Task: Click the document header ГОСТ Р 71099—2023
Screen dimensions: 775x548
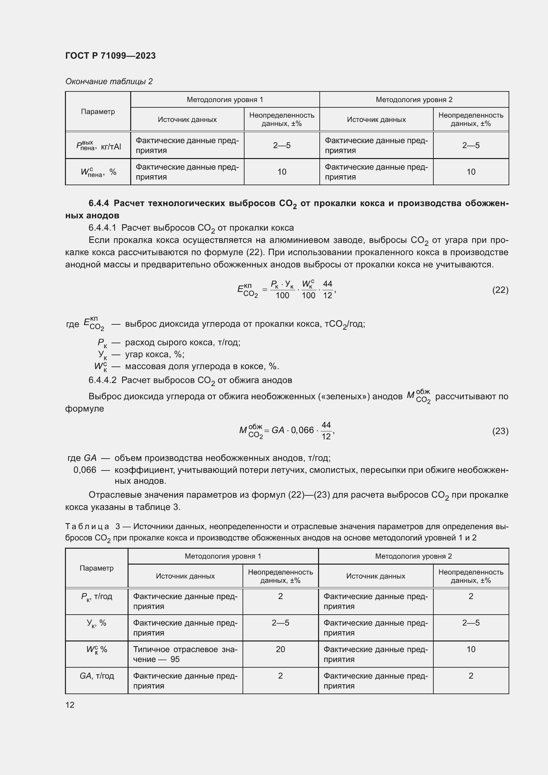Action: [110, 56]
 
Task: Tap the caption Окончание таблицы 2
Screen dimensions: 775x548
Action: [109, 82]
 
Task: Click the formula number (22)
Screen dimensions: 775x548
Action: [500, 290]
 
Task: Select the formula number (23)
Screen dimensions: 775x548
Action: [500, 431]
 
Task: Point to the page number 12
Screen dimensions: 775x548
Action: [70, 705]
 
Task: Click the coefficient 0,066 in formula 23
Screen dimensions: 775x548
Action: [302, 430]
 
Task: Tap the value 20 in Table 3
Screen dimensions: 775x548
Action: [280, 649]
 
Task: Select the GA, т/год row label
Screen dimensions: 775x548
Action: [96, 676]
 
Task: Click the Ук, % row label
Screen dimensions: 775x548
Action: [96, 623]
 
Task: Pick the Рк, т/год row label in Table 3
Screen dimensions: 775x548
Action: [96, 596]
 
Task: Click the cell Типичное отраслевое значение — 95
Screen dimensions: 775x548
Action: [185, 654]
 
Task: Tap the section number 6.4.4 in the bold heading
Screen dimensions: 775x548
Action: [98, 203]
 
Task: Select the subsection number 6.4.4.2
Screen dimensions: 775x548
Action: [102, 380]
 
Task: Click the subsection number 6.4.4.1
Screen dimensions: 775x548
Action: [102, 228]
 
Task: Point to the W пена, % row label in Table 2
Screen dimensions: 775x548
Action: [98, 172]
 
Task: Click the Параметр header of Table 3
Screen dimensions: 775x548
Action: [96, 568]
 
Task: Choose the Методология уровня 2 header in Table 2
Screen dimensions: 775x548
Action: [414, 100]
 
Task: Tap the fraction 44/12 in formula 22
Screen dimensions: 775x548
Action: [327, 290]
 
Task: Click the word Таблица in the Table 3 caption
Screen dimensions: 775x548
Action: [87, 526]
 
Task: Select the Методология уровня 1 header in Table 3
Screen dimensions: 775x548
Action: [223, 556]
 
